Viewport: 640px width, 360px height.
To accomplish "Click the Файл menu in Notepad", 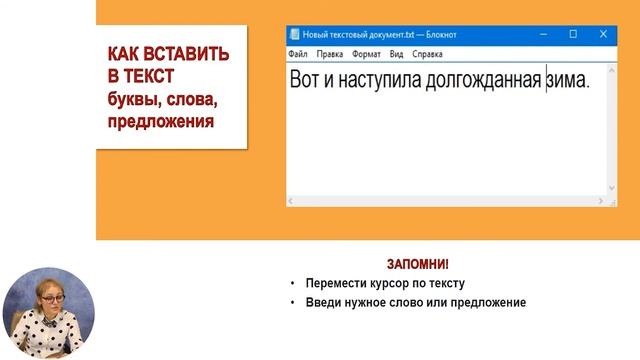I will click(298, 54).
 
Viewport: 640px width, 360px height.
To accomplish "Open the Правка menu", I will click(331, 54).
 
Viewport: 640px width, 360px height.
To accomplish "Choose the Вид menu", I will click(397, 54).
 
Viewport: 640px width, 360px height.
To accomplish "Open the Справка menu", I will click(427, 54).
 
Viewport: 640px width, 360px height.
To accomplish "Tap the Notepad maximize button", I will click(573, 34).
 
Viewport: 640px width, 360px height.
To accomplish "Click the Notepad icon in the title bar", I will click(294, 34).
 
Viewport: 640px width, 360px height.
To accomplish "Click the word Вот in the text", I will click(305, 81).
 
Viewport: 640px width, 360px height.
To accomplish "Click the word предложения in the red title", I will click(162, 122).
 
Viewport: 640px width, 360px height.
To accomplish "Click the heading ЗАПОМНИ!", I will click(417, 264).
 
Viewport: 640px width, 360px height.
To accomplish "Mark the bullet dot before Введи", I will click(292, 303).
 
